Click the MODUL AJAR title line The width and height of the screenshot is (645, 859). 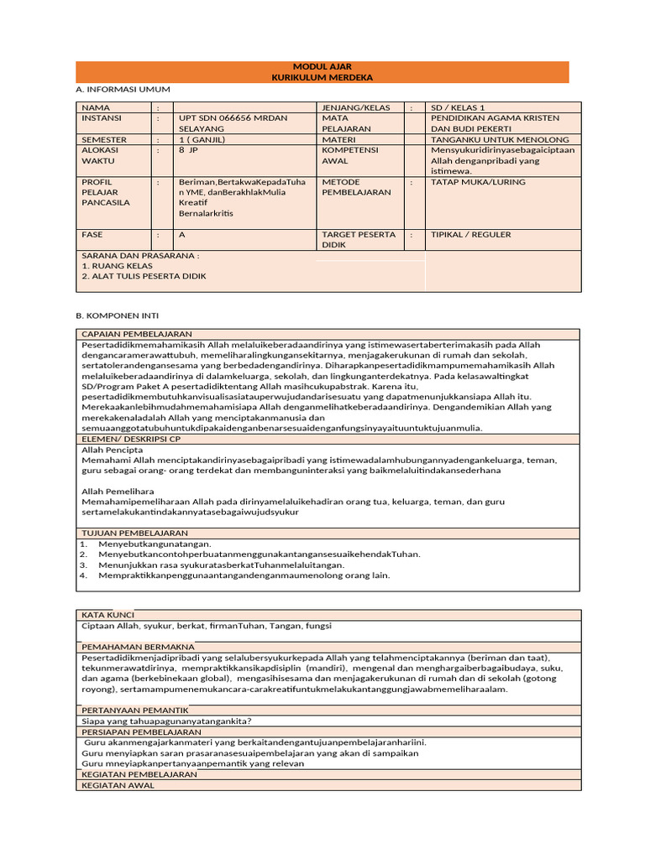(322, 66)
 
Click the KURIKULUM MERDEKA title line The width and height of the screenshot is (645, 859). (322, 77)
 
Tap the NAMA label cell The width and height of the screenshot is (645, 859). (96, 107)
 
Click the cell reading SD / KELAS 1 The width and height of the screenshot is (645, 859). (458, 107)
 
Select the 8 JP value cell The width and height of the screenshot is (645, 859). (188, 149)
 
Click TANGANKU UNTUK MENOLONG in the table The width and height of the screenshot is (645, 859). (499, 139)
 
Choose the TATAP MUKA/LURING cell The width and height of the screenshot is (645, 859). (478, 181)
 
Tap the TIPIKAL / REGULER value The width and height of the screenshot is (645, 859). (470, 235)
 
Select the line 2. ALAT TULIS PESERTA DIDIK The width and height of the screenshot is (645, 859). (144, 276)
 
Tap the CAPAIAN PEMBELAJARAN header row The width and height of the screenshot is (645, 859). (137, 334)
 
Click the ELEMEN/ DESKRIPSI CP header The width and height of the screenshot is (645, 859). (131, 439)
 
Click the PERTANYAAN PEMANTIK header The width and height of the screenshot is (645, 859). (134, 710)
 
